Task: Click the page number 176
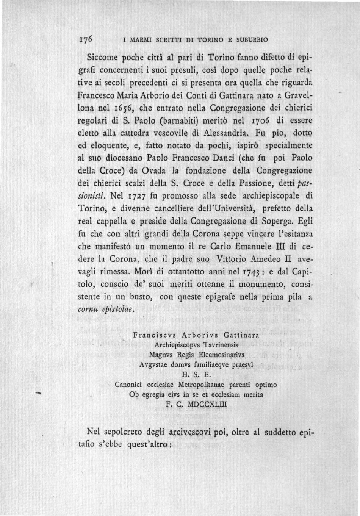(x=87, y=39)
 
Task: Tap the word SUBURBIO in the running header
(x=252, y=39)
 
